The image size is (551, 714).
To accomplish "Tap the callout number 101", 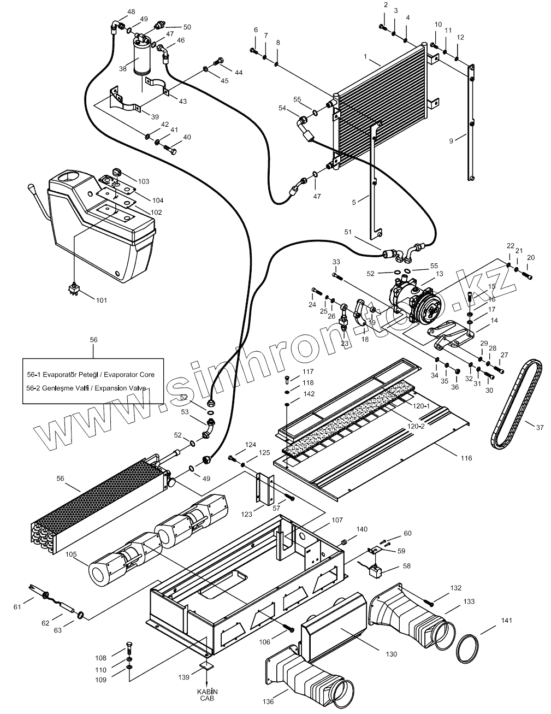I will pyautogui.click(x=102, y=300).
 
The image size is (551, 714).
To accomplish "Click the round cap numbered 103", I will pyautogui.click(x=115, y=173).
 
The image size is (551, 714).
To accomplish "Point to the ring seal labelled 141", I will pyautogui.click(x=467, y=648).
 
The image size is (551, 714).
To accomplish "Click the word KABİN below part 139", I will pyautogui.click(x=206, y=691).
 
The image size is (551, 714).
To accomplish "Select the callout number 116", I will pyautogui.click(x=466, y=458).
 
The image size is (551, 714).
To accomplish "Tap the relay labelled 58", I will pyautogui.click(x=375, y=571).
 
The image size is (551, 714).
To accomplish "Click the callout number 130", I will pyautogui.click(x=391, y=653).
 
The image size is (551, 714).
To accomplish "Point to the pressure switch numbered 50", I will pyautogui.click(x=161, y=25).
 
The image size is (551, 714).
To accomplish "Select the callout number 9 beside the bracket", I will pyautogui.click(x=451, y=141).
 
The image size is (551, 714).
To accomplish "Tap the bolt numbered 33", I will pyautogui.click(x=336, y=278).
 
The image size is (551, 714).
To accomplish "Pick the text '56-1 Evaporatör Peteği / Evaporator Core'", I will pyautogui.click(x=91, y=375).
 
